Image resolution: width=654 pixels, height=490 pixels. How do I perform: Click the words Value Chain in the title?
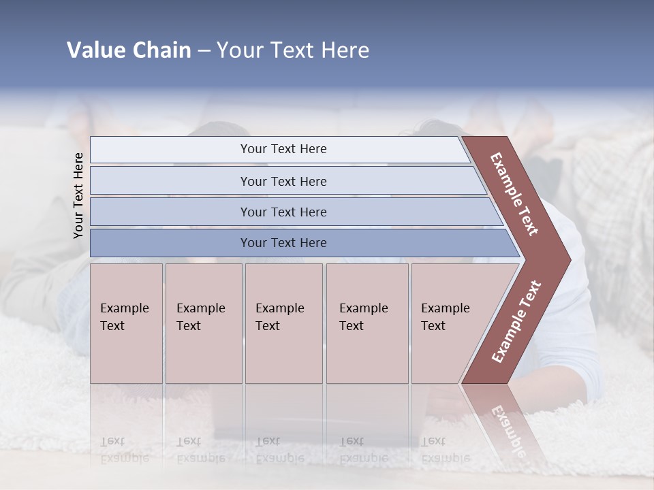[129, 50]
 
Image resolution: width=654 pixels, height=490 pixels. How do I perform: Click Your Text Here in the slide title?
[293, 50]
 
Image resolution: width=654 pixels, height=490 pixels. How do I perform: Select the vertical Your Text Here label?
[78, 195]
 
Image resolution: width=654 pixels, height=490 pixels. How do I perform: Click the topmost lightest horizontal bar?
[283, 149]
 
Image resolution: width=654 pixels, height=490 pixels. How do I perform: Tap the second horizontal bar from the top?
[283, 181]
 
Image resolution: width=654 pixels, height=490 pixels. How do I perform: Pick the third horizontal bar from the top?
[283, 212]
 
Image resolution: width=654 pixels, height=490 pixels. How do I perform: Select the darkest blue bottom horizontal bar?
[283, 243]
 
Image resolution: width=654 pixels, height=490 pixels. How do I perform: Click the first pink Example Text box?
[126, 323]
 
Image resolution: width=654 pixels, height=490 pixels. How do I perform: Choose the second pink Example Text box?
[203, 323]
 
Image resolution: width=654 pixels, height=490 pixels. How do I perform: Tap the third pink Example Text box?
[283, 323]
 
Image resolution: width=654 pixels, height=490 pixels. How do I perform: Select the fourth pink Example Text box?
[367, 323]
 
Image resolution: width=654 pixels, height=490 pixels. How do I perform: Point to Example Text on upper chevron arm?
[514, 194]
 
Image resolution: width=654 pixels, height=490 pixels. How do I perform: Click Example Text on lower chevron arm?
[516, 321]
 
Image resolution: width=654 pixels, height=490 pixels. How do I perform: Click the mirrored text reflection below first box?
[124, 450]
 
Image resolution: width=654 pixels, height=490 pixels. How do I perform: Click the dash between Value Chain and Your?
[204, 51]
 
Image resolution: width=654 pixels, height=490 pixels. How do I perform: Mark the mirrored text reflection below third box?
[279, 450]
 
